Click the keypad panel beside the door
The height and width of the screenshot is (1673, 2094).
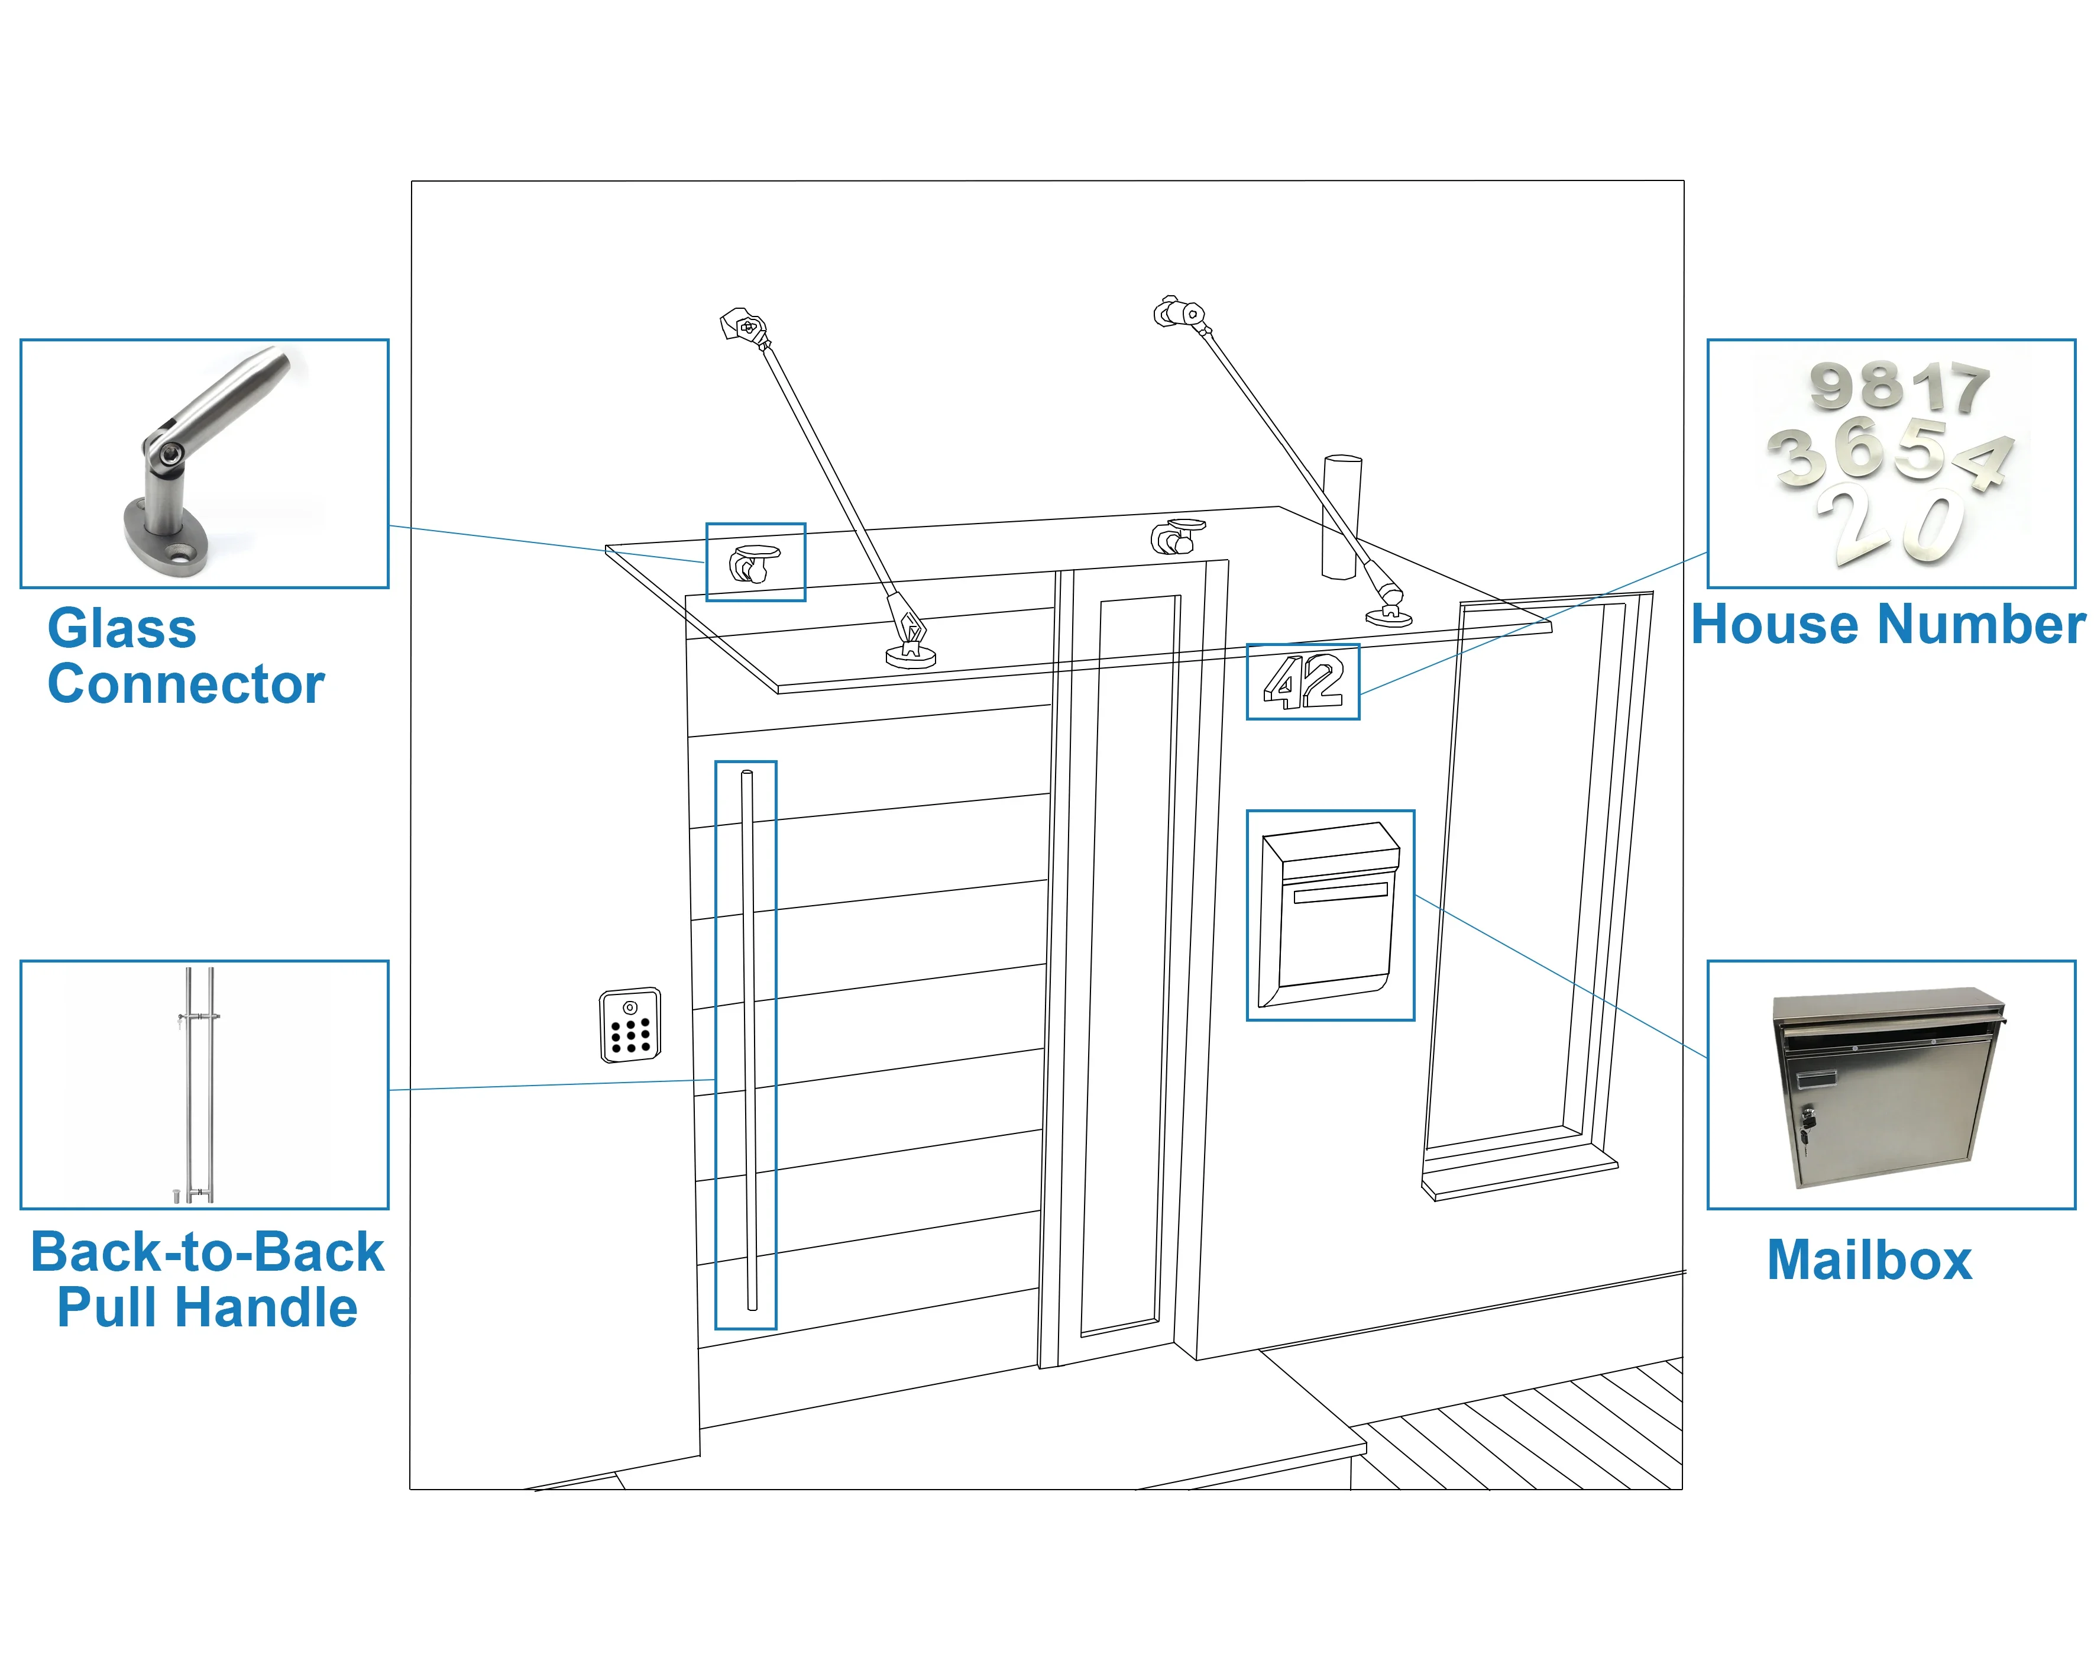coord(630,1025)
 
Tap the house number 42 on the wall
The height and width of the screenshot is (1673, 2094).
coord(1303,682)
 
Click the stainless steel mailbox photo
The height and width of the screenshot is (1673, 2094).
coord(1888,1087)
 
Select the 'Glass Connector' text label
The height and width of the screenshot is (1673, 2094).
coord(185,656)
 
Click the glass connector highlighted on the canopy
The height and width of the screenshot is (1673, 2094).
coord(753,563)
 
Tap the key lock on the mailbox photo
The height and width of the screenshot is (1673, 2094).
coord(1807,1118)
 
